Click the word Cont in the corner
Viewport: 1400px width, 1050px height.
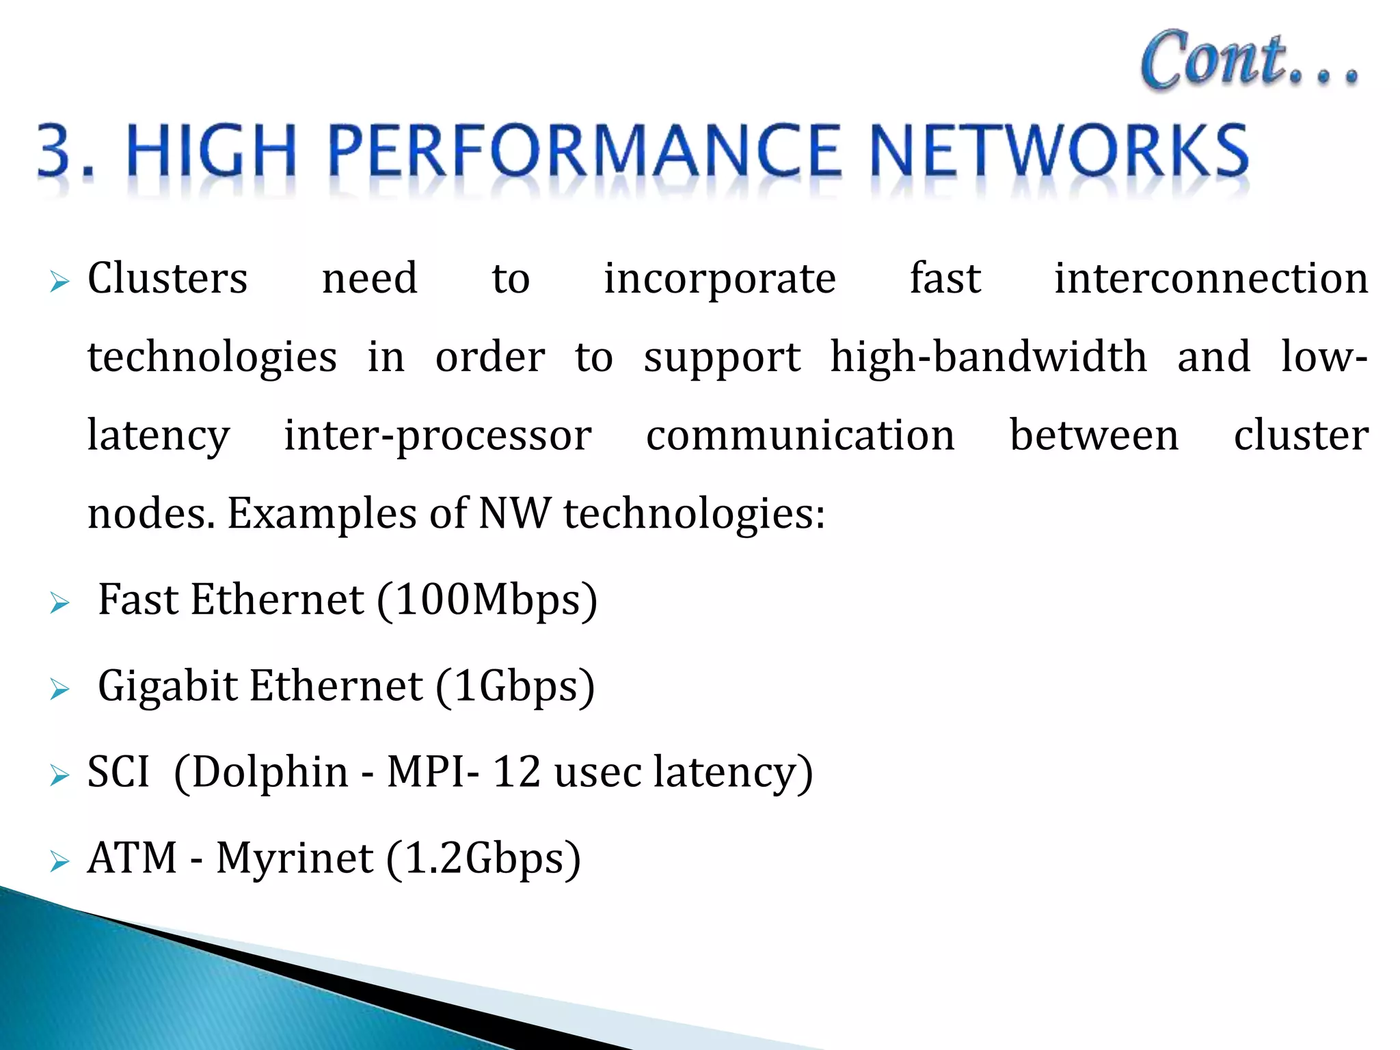point(1214,60)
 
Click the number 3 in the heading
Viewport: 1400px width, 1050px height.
point(56,151)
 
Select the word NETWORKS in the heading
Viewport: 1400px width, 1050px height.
point(1060,151)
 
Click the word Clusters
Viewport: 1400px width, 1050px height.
point(167,279)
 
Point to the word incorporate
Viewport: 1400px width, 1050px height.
point(719,279)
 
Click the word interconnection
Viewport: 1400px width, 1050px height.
point(1211,279)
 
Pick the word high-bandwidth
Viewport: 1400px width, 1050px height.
point(988,358)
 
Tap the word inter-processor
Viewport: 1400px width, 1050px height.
point(437,436)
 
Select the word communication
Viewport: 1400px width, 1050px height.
point(800,436)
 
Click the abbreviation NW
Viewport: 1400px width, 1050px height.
point(514,514)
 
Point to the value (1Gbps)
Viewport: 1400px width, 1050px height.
point(515,686)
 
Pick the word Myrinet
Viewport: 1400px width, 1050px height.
point(295,859)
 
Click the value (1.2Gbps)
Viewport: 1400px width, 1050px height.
point(483,859)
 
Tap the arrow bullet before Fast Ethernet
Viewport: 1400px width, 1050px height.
point(60,603)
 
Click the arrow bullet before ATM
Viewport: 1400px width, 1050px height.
point(60,861)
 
